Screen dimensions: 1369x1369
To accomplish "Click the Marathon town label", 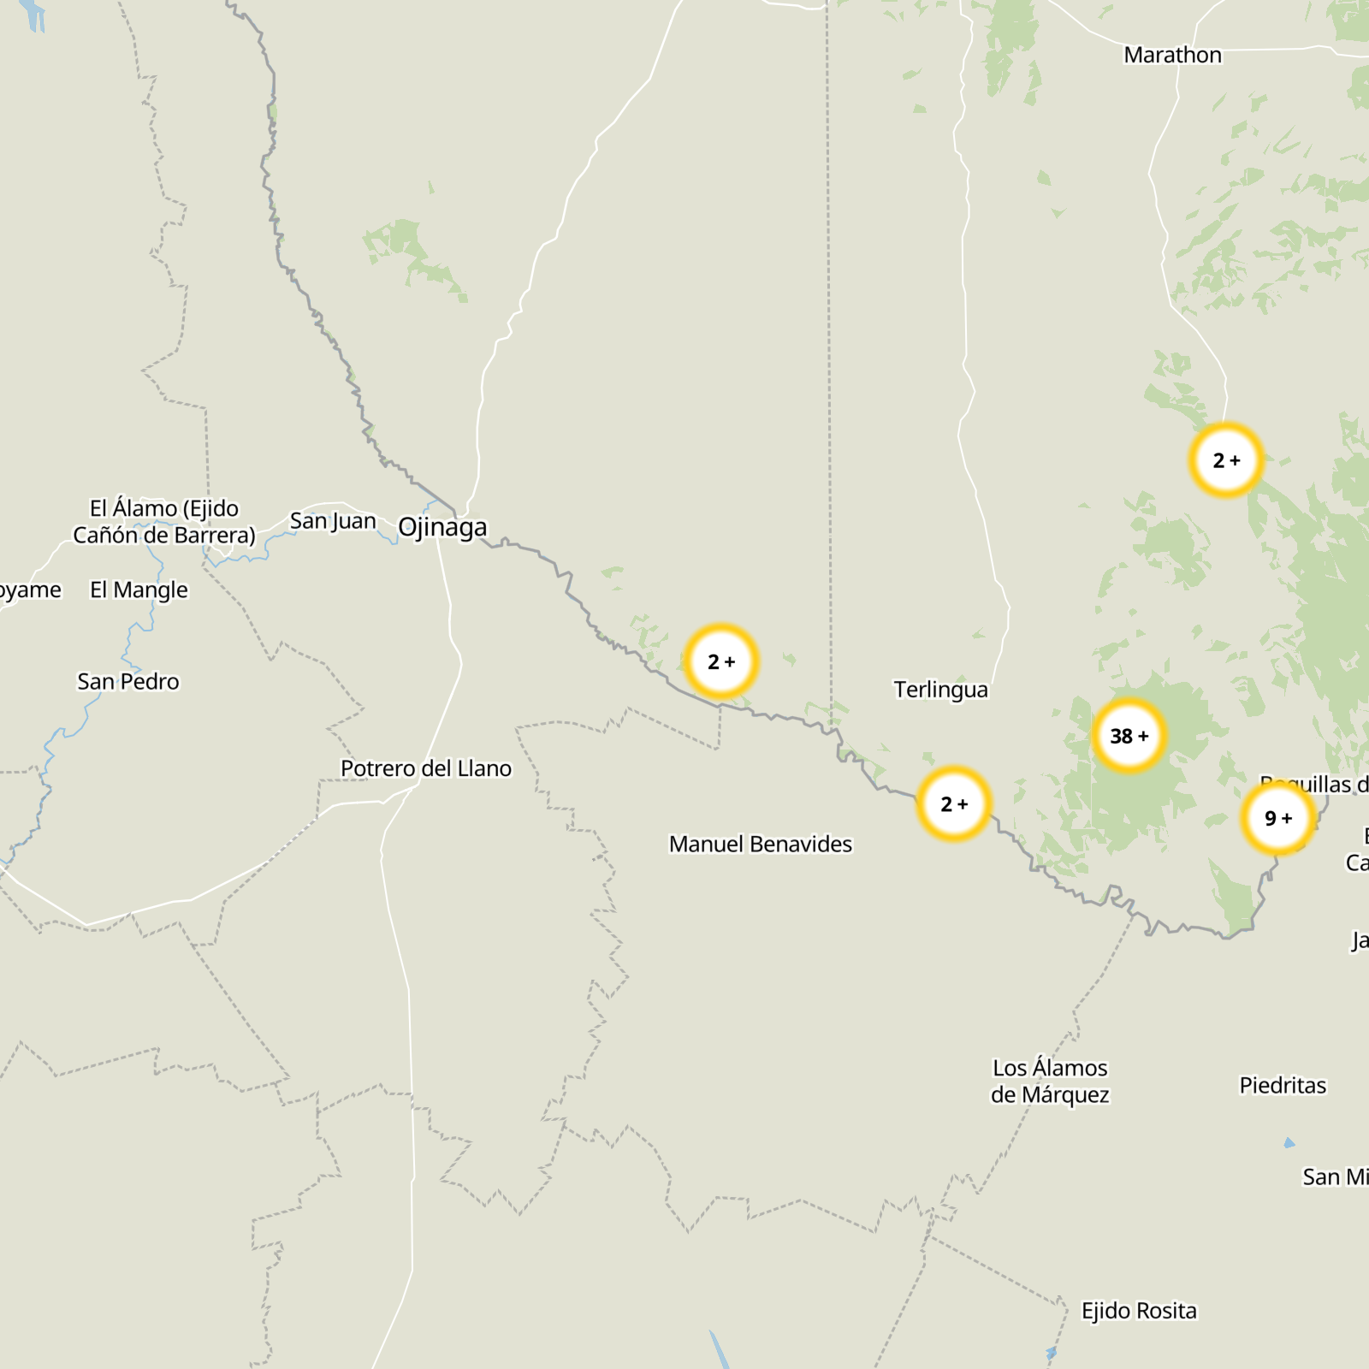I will [x=1172, y=55].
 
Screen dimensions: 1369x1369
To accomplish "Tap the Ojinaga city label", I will [x=442, y=527].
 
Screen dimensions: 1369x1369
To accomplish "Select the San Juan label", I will [x=333, y=520].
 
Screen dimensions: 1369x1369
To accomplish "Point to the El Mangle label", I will [x=139, y=590].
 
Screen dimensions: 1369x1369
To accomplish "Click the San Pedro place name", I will [x=128, y=681].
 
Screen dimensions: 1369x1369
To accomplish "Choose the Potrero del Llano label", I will [x=426, y=768].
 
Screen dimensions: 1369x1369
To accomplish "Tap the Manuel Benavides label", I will [x=761, y=844].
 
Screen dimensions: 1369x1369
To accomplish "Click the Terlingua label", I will [x=940, y=690].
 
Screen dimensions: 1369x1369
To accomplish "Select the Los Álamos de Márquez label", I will [x=1050, y=1081].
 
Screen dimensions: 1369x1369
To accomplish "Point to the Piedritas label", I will [x=1283, y=1085].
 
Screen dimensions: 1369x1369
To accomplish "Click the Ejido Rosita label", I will [x=1139, y=1311].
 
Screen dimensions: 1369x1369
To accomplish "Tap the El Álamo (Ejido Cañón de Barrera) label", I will [x=164, y=521].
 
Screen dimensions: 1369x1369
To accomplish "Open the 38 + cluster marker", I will [x=1129, y=736].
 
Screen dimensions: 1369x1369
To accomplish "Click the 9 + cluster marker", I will [x=1278, y=818].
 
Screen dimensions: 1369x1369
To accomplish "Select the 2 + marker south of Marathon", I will [x=1226, y=460].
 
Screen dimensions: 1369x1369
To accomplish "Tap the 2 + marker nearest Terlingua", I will [x=954, y=803].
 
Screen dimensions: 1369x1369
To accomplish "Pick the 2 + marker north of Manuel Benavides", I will [x=721, y=661].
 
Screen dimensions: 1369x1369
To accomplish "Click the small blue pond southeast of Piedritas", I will [x=1289, y=1143].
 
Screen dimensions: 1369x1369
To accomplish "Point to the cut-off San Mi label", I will [x=1335, y=1177].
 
